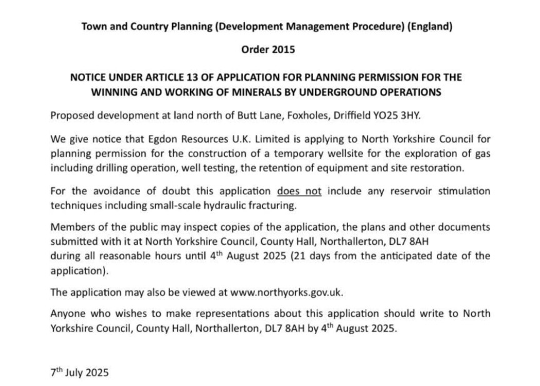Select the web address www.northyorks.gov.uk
(287, 292)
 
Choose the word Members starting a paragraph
(71, 227)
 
